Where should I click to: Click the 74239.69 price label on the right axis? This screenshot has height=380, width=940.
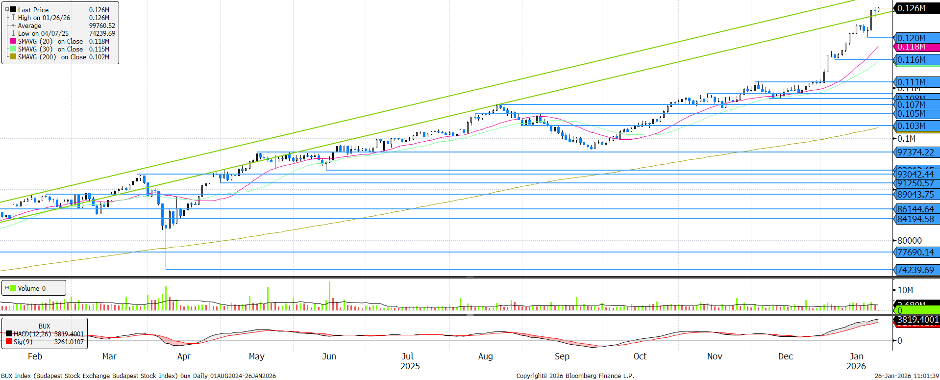[915, 270]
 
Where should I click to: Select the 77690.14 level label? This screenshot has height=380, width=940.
[915, 253]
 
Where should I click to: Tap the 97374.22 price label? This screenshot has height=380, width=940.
[915, 152]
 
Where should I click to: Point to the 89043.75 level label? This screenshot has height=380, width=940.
[915, 195]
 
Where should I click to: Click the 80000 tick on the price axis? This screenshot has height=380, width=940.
[910, 241]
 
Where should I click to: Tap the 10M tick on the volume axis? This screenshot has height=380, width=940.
[905, 290]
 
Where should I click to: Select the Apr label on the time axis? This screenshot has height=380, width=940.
[184, 356]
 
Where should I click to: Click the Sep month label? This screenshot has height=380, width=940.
[562, 356]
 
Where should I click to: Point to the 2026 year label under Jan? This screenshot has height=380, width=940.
[856, 366]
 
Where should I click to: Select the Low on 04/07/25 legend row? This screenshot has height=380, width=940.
[43, 33]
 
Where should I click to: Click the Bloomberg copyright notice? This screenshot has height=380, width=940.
[575, 376]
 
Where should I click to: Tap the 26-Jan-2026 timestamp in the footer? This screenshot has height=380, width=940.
[907, 376]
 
